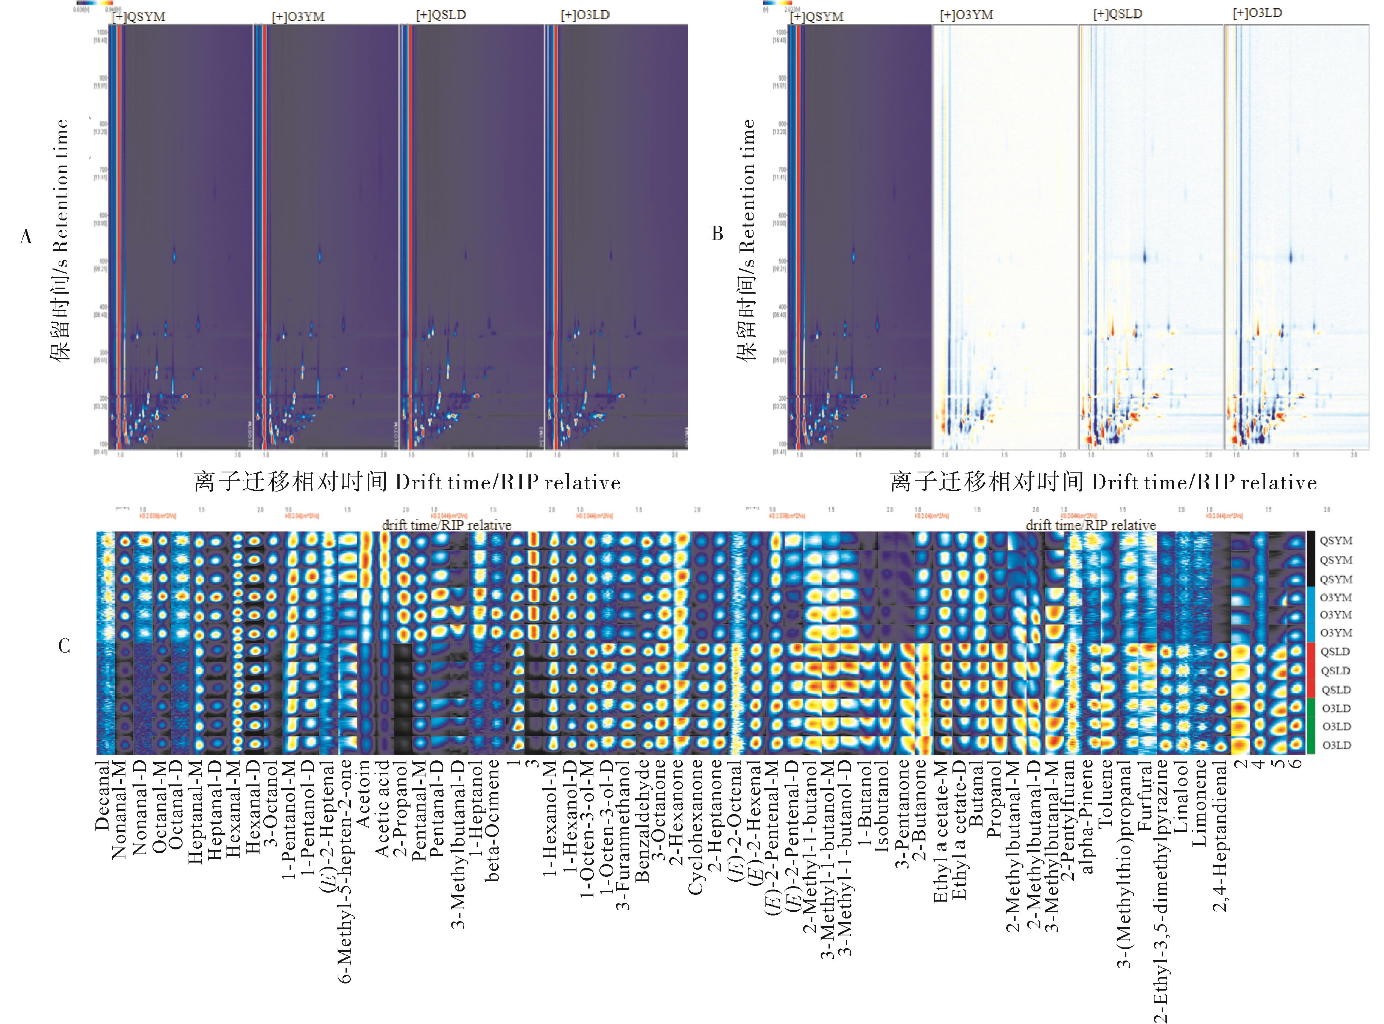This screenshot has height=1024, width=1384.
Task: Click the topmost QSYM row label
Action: click(x=1335, y=540)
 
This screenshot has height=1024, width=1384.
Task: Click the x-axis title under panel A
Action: click(x=407, y=482)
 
